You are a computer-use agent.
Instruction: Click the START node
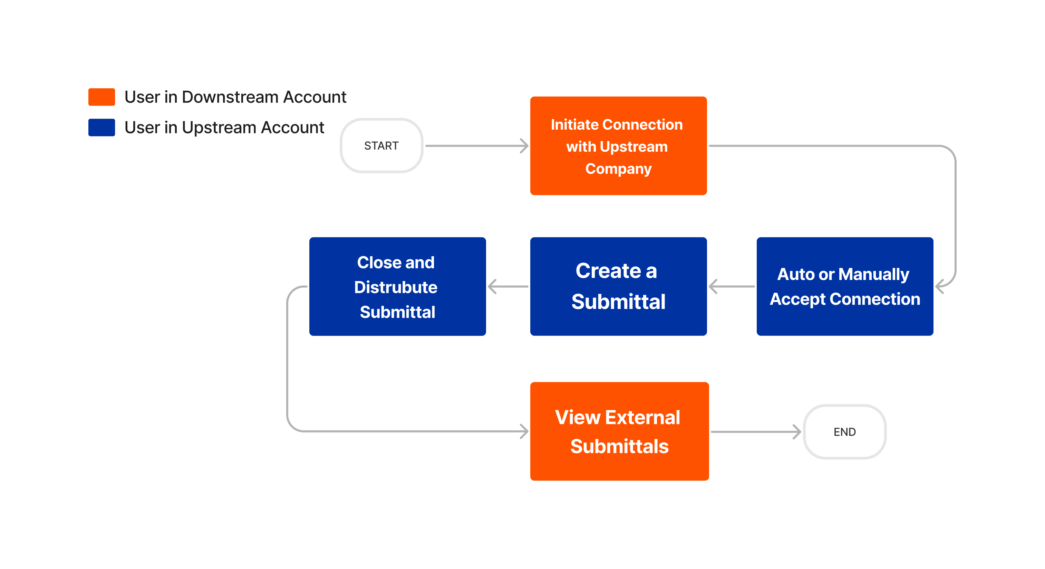coord(381,146)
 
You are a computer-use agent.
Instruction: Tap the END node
coord(845,432)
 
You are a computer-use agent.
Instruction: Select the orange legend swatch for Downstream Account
coord(101,97)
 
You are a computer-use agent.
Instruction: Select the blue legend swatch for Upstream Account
coord(101,127)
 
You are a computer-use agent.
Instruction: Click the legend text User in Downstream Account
coord(235,97)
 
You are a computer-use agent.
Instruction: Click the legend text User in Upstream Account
coord(224,127)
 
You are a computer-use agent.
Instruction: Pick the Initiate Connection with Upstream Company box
coord(618,146)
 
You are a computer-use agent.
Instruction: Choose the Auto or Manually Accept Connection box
coord(845,286)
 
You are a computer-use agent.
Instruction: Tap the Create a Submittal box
coord(618,286)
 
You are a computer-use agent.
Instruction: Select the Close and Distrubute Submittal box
coord(397,286)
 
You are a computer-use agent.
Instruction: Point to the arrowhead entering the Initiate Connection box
coord(524,146)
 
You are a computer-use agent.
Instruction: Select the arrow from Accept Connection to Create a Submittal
coord(732,286)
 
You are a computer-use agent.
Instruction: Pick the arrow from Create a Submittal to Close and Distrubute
coord(508,286)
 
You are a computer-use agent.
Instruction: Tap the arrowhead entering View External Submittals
coord(524,431)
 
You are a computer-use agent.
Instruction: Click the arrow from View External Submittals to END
coord(755,432)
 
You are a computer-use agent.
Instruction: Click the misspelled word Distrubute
coord(396,287)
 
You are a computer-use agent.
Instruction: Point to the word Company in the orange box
coord(618,168)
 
